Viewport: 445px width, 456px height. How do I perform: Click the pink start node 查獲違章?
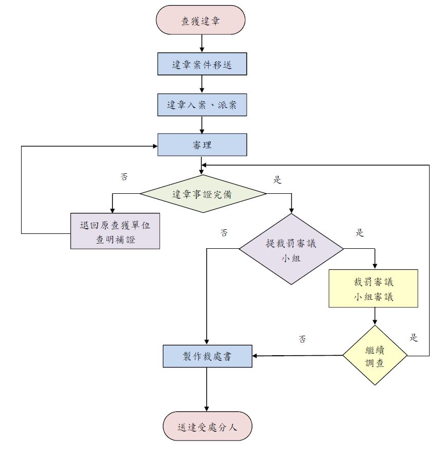(201, 21)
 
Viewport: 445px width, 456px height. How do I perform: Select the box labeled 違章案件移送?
(202, 65)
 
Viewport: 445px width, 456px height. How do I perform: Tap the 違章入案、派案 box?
(202, 104)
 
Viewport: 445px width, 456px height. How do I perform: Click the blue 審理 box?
(202, 145)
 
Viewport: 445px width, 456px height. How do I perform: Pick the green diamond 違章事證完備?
(203, 194)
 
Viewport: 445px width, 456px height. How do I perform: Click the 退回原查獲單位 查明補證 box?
(115, 231)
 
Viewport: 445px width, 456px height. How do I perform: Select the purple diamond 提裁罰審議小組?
(291, 249)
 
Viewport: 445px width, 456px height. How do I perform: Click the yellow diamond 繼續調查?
(375, 355)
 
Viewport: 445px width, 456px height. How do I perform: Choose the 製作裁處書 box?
(208, 356)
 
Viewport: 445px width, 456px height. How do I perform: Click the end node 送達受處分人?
(208, 426)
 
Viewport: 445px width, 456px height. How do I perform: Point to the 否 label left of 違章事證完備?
(124, 176)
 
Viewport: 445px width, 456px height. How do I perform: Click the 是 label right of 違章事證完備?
(277, 179)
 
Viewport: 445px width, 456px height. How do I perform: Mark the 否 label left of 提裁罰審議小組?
(224, 232)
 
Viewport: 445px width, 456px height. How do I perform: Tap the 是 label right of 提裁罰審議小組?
(360, 232)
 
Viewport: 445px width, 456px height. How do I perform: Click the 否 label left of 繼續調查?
(303, 339)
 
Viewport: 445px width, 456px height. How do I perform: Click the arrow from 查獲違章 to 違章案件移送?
(202, 43)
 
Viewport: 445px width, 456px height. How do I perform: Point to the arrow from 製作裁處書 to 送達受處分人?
(207, 389)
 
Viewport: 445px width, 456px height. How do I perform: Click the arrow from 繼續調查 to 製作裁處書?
(298, 355)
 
